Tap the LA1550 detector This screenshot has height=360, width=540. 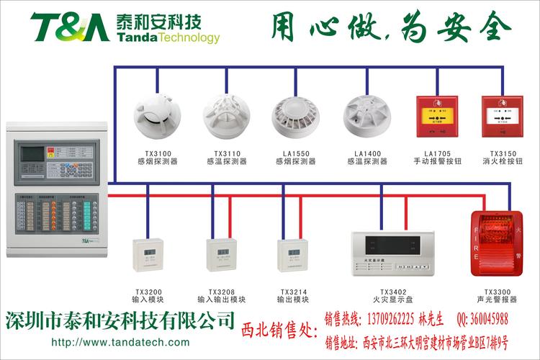(x=294, y=117)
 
